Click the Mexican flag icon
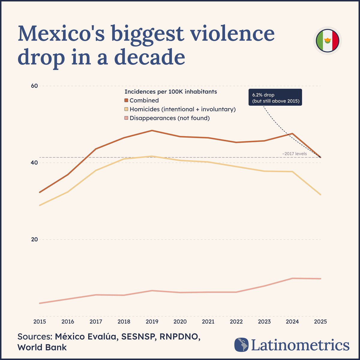(328, 40)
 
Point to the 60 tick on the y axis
(34, 86)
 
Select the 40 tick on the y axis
(34, 163)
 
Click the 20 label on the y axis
(34, 239)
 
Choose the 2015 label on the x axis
(40, 322)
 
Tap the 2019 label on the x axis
(152, 322)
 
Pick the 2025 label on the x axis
(320, 322)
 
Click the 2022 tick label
(236, 322)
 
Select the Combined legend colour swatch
(126, 100)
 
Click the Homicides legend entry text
(182, 109)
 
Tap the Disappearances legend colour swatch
(126, 118)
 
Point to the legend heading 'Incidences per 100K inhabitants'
(170, 91)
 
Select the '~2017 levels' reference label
(294, 154)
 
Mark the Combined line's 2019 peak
(152, 130)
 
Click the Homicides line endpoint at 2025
(320, 194)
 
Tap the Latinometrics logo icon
(242, 345)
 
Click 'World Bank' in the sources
(42, 347)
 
